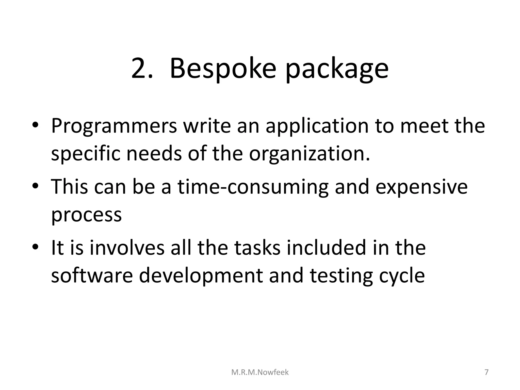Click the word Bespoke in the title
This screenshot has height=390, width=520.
(x=223, y=69)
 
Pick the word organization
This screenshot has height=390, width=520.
(x=309, y=154)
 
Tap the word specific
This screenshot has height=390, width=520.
(x=86, y=154)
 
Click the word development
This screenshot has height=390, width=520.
(x=201, y=276)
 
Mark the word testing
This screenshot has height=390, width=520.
(x=341, y=276)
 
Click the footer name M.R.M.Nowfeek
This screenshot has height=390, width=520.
(x=260, y=372)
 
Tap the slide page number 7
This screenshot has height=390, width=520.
(x=486, y=372)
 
